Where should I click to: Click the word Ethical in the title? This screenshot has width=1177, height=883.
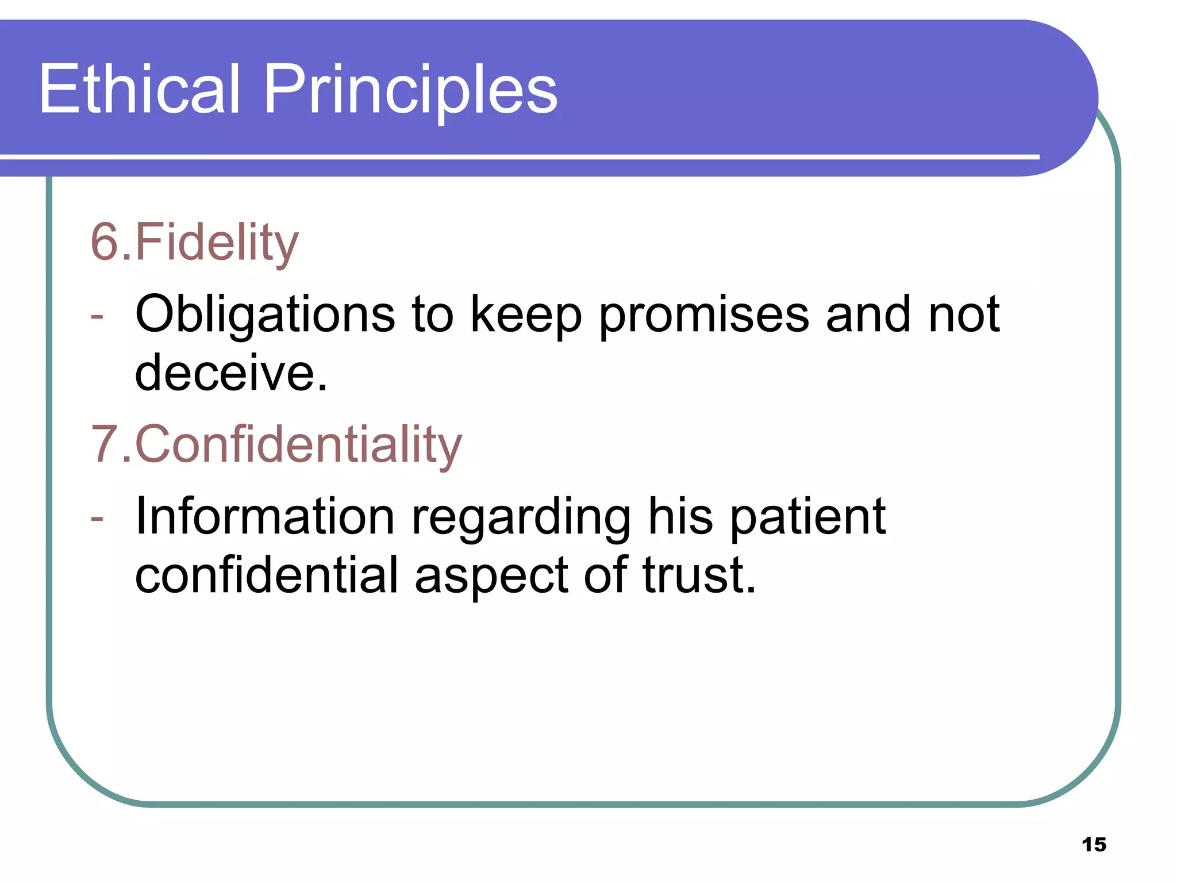click(x=139, y=89)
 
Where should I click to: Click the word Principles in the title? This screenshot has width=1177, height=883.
click(x=410, y=89)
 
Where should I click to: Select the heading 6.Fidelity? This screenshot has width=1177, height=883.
click(x=194, y=242)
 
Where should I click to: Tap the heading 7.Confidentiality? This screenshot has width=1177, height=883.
click(x=276, y=444)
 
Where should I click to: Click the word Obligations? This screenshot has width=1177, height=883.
click(x=265, y=314)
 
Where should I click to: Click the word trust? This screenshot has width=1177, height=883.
click(x=698, y=575)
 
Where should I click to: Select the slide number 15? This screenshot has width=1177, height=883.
click(x=1094, y=844)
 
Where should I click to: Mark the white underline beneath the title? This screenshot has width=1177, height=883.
click(x=517, y=156)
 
